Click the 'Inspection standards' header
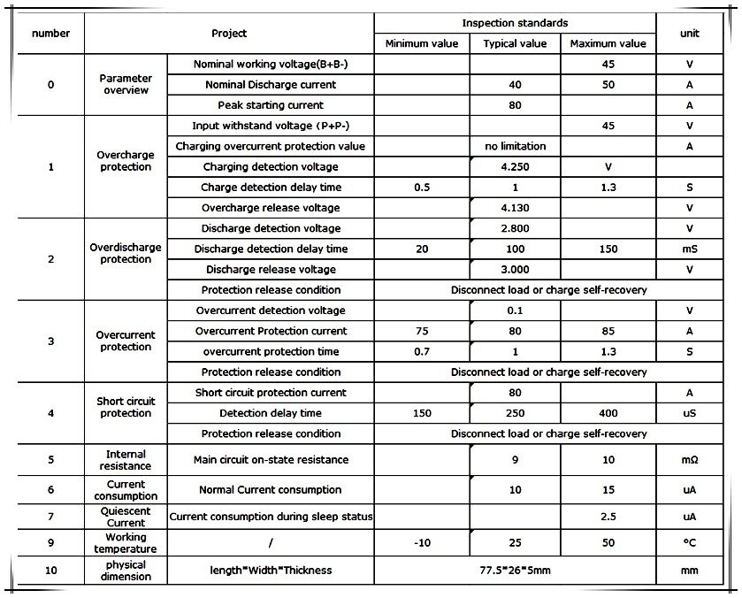[x=515, y=23]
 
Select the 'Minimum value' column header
[x=422, y=43]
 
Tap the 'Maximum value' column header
[x=608, y=43]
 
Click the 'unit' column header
[x=689, y=34]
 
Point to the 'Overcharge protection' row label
[x=126, y=161]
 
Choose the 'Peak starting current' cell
[x=271, y=105]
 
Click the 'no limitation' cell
[x=515, y=146]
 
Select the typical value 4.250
[x=515, y=166]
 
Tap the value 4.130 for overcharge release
[x=515, y=208]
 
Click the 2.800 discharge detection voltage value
[x=515, y=228]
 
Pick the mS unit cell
[x=689, y=249]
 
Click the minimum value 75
[x=422, y=331]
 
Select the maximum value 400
[x=608, y=413]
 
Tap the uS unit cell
[x=689, y=413]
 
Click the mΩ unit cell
[x=689, y=460]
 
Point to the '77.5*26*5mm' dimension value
[x=515, y=571]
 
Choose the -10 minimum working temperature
[x=422, y=542]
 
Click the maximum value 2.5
[x=608, y=517]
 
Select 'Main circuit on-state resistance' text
[x=271, y=460]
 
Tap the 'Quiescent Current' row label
[x=126, y=517]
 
